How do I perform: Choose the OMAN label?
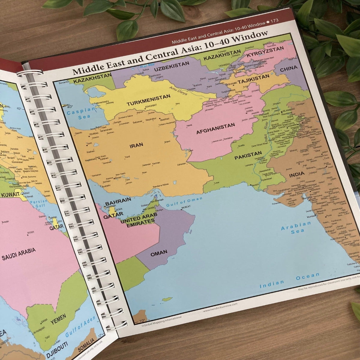159,253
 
